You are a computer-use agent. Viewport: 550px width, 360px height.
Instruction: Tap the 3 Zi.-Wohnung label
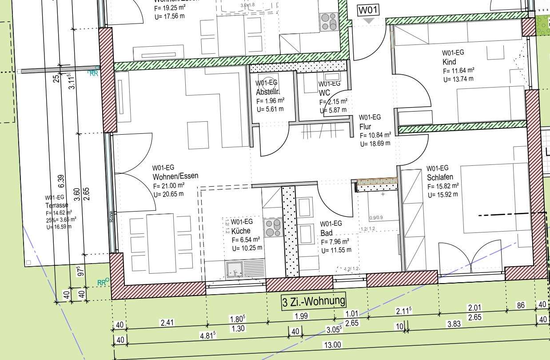[314, 301]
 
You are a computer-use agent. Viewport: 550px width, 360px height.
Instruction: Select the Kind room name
[449, 62]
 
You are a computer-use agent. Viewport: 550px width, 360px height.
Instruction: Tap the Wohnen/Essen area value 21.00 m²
[169, 185]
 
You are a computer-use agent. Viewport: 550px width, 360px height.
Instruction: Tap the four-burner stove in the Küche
[272, 228]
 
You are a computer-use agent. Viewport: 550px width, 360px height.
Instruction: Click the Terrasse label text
[56, 205]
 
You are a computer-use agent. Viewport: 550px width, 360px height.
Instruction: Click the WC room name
[324, 93]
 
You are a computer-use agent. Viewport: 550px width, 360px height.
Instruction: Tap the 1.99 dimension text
[301, 316]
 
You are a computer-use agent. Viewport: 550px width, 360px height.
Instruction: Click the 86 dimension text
[521, 305]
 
